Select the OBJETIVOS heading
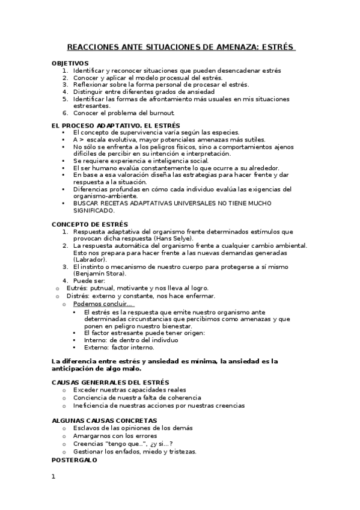click(x=70, y=63)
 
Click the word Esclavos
click(x=87, y=428)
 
